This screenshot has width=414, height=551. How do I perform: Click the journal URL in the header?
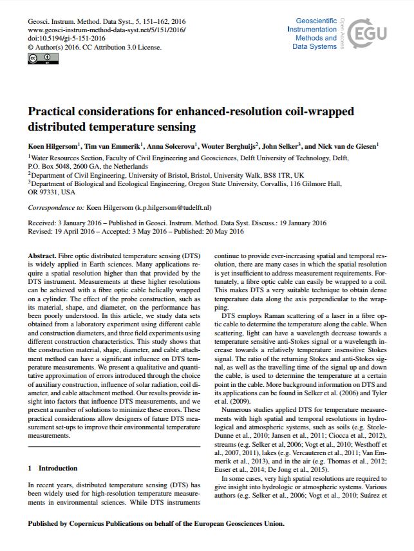coord(107,30)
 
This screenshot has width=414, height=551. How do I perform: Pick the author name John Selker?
coord(279,146)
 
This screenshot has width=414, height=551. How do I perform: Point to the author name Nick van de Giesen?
coord(348,146)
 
